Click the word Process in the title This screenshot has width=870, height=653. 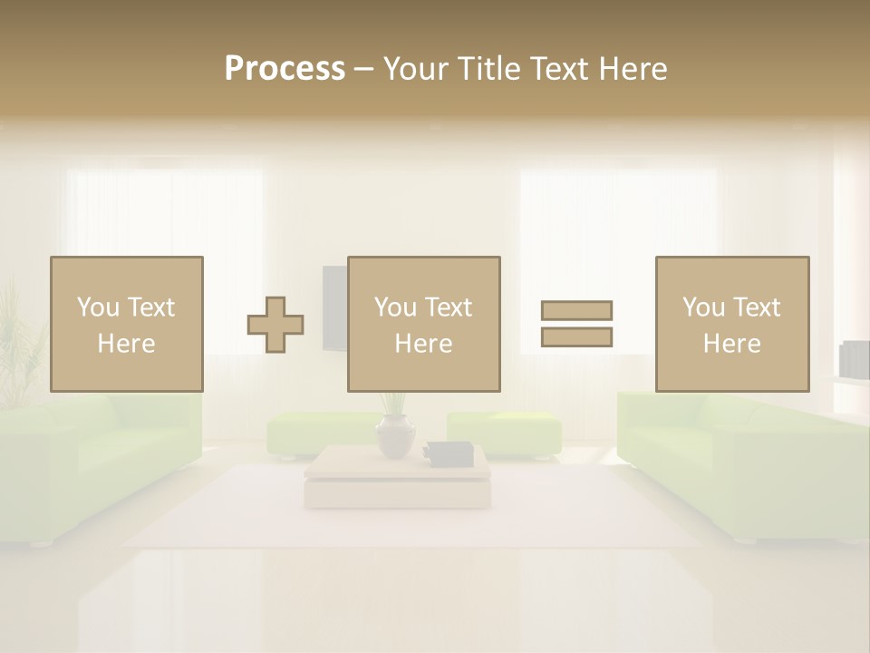point(285,69)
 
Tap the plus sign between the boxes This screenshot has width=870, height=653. point(275,324)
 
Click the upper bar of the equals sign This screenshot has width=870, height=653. point(576,310)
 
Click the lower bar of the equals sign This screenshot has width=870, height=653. point(576,336)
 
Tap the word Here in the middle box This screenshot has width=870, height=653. point(423,344)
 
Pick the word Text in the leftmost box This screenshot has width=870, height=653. point(151,307)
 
